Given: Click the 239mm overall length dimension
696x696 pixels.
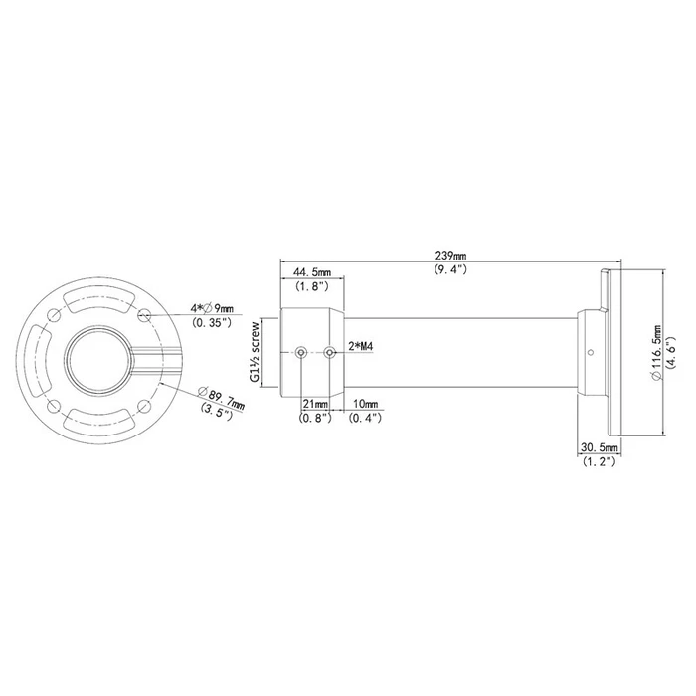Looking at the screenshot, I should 450,255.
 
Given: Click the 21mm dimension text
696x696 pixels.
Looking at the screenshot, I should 313,405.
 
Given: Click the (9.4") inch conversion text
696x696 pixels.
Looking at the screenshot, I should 450,269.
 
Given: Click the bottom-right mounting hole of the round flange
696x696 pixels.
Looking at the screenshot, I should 146,405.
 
